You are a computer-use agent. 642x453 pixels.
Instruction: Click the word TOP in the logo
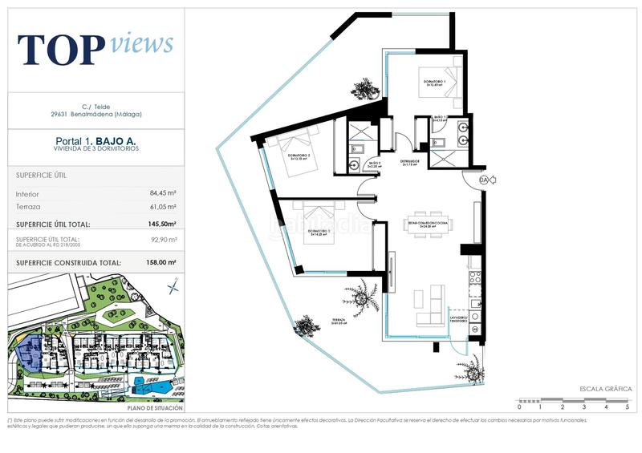point(61,50)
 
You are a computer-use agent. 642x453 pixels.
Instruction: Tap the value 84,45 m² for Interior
point(162,193)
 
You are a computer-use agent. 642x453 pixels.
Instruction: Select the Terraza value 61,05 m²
point(162,207)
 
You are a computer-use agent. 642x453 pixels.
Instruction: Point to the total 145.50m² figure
point(160,224)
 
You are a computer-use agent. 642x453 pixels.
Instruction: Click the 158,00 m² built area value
point(160,262)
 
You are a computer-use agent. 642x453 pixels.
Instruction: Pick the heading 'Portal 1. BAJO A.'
point(96,141)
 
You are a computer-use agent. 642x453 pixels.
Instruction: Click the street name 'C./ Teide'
point(96,107)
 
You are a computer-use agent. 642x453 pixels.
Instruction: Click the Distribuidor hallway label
point(412,162)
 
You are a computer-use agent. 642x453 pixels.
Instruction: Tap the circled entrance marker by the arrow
point(483,181)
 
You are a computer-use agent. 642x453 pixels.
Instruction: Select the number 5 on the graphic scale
point(627,407)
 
